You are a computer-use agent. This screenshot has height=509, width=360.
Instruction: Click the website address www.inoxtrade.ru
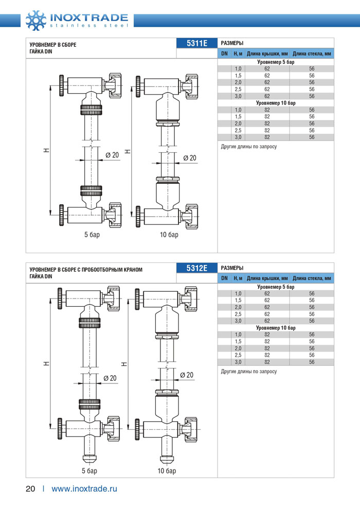pyautogui.click(x=84, y=489)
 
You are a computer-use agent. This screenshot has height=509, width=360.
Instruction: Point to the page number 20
pyautogui.click(x=30, y=489)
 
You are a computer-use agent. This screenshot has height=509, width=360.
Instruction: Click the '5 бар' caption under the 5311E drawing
pyautogui.click(x=92, y=235)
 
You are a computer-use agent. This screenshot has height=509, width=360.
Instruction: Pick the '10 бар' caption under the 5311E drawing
pyautogui.click(x=169, y=235)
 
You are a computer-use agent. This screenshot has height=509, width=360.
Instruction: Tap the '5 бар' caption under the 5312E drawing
pyautogui.click(x=89, y=470)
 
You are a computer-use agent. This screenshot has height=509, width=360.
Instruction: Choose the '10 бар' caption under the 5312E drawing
pyautogui.click(x=167, y=470)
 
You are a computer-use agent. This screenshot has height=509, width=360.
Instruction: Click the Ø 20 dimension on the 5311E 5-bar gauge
pyautogui.click(x=112, y=155)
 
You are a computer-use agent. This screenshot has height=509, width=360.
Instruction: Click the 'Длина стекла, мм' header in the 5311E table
pyautogui.click(x=312, y=54)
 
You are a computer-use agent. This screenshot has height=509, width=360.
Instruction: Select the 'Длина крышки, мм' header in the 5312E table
pyautogui.click(x=267, y=278)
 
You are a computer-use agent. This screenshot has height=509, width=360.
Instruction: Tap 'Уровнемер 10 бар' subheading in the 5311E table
pyautogui.click(x=276, y=103)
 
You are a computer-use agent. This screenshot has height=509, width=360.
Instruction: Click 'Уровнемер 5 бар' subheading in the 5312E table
pyautogui.click(x=276, y=287)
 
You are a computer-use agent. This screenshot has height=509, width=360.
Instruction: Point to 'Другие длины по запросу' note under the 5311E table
pyautogui.click(x=248, y=147)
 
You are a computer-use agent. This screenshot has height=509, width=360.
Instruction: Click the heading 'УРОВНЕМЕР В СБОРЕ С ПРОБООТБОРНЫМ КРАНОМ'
pyautogui.click(x=85, y=270)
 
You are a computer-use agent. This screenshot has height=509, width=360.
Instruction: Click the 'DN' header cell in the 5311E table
pyautogui.click(x=224, y=54)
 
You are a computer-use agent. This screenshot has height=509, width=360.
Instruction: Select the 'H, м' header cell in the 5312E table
pyautogui.click(x=238, y=278)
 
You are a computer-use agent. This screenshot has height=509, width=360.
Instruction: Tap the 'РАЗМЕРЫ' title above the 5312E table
pyautogui.click(x=232, y=268)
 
